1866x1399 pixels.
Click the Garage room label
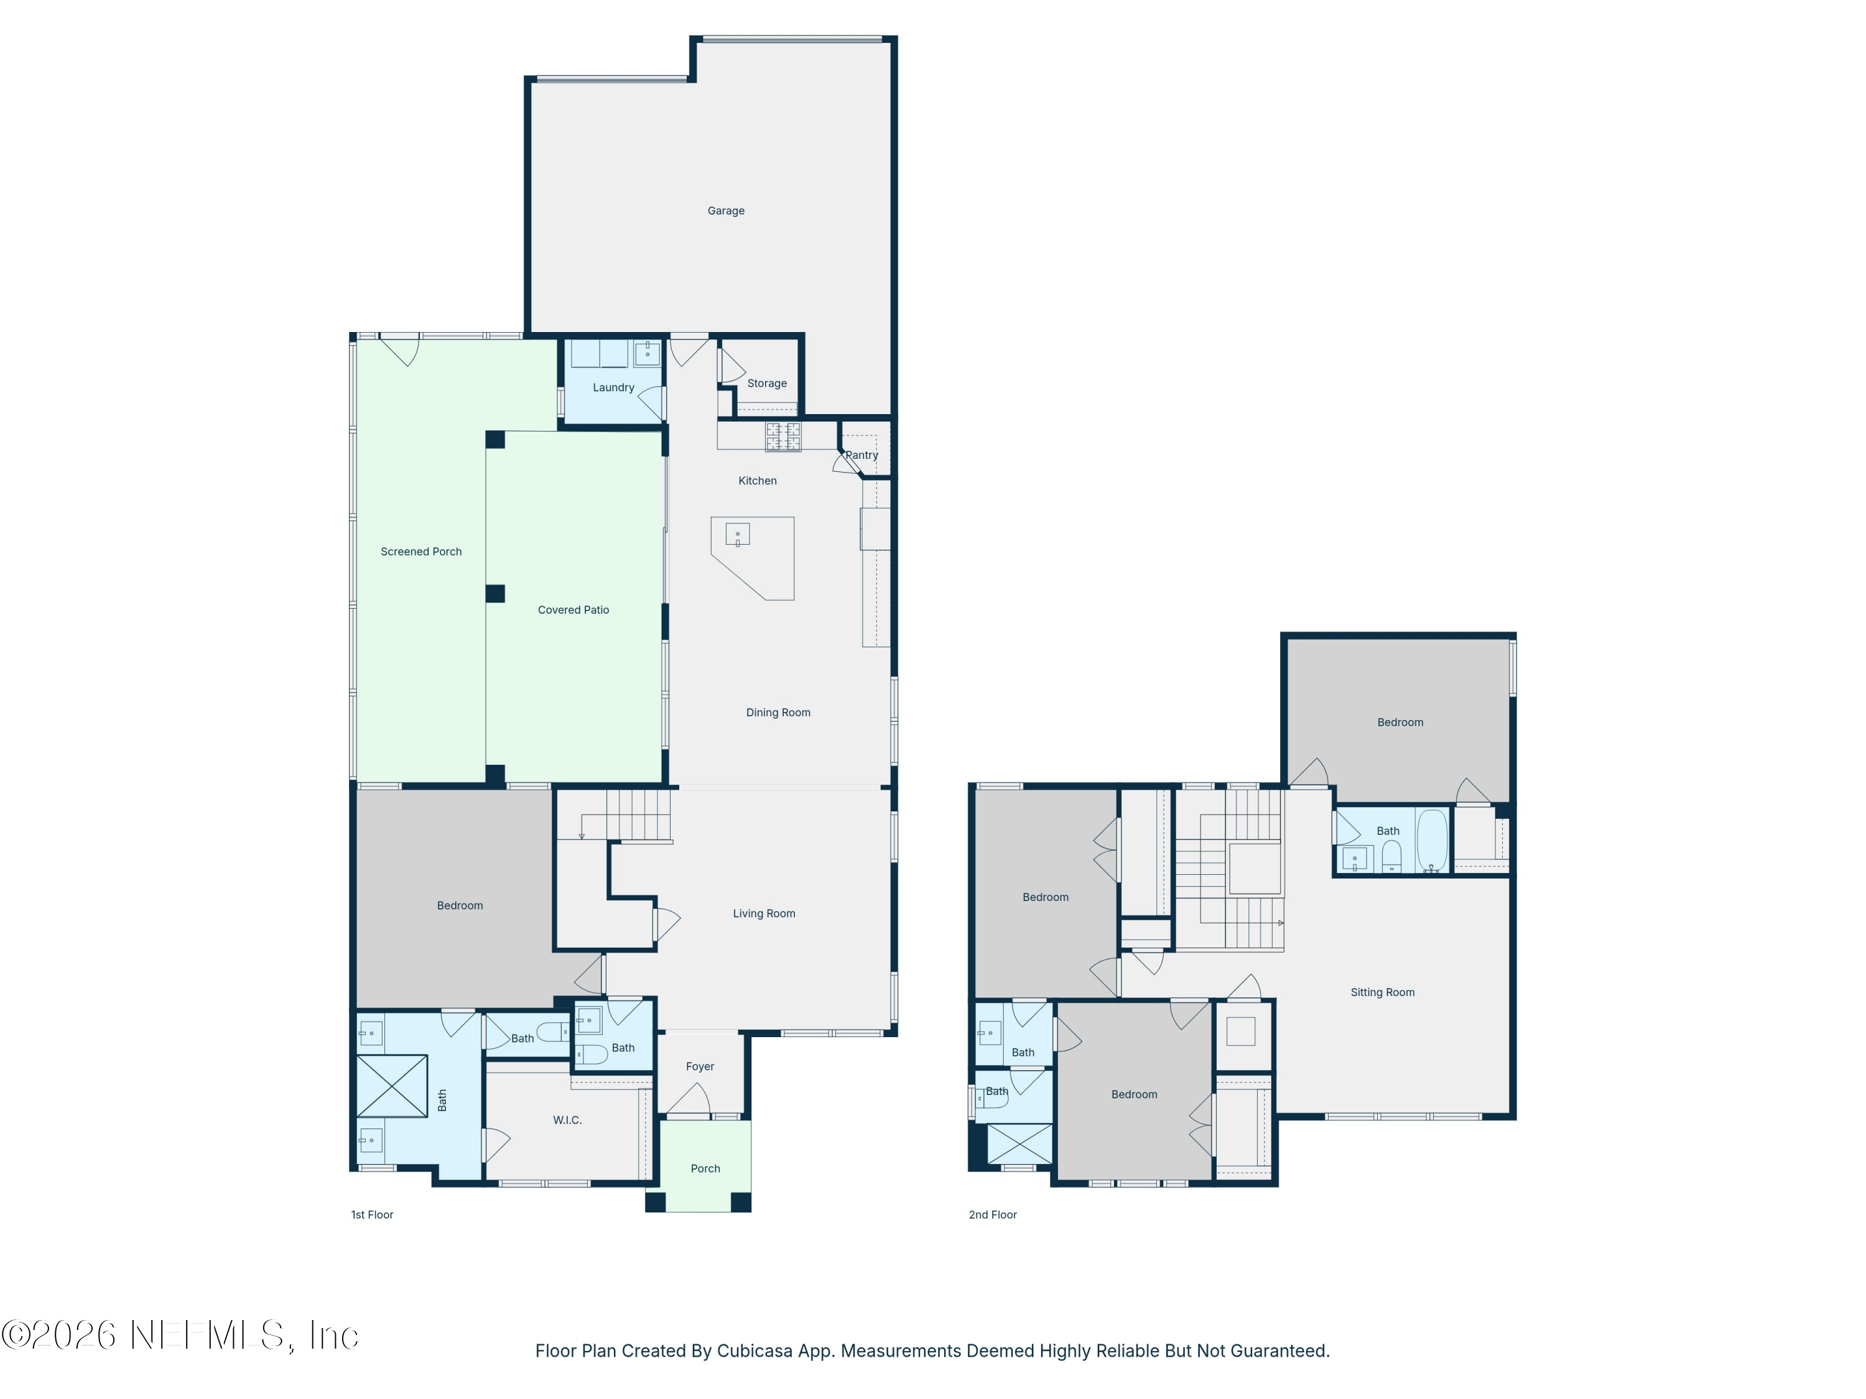(x=725, y=211)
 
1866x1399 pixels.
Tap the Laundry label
(x=613, y=388)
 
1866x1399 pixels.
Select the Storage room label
(x=767, y=384)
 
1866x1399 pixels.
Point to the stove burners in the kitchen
(x=783, y=437)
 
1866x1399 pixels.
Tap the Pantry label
(x=862, y=455)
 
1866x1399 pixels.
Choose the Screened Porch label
(x=421, y=552)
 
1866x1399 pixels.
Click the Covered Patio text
(x=573, y=611)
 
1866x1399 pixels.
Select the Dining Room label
(x=777, y=713)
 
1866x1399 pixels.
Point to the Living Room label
(x=763, y=914)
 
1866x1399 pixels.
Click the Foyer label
(x=699, y=1067)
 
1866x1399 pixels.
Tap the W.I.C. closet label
(x=567, y=1120)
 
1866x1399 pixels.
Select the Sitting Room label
(x=1382, y=992)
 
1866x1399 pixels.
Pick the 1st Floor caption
(x=372, y=1215)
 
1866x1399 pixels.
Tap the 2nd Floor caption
(x=992, y=1215)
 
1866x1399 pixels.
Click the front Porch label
(x=705, y=1169)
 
